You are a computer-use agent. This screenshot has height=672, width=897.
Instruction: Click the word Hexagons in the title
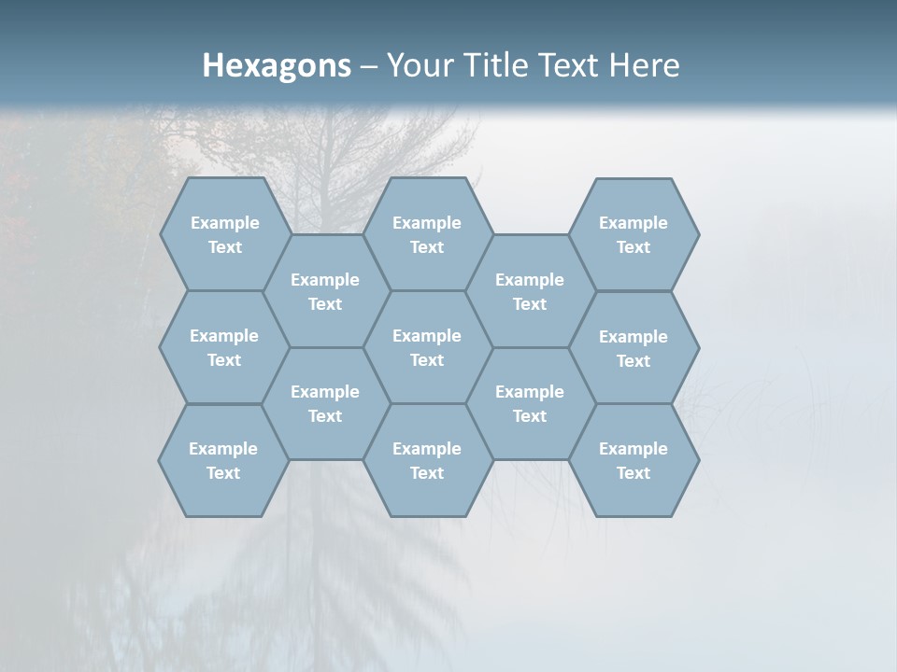(x=277, y=65)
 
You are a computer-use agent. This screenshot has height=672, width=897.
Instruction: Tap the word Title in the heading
(x=489, y=65)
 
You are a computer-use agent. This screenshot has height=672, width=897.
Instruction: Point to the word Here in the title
(x=644, y=65)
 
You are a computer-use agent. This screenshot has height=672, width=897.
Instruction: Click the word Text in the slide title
(x=566, y=65)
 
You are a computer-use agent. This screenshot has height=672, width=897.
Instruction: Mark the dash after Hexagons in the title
(x=369, y=66)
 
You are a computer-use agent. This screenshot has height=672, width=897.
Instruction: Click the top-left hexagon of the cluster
(x=225, y=234)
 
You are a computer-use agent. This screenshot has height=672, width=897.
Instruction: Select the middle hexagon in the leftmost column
(x=224, y=347)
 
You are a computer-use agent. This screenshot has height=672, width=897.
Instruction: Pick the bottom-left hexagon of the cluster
(x=223, y=460)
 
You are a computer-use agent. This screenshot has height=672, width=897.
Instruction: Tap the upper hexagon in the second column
(x=325, y=291)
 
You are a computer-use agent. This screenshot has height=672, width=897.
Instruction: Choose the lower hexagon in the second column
(x=325, y=403)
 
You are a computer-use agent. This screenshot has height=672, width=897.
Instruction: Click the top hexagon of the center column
(x=427, y=234)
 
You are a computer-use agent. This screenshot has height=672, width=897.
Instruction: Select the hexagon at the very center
(x=427, y=347)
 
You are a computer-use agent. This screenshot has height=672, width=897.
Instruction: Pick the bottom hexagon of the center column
(x=427, y=460)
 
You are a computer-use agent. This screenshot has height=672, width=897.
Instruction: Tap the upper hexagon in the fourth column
(x=530, y=291)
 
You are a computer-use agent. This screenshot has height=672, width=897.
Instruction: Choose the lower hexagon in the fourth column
(x=530, y=403)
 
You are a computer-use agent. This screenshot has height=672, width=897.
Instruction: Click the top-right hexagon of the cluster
(x=634, y=234)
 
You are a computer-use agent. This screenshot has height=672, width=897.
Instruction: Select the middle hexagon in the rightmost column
(x=634, y=348)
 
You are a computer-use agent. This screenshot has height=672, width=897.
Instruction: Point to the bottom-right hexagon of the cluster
(x=634, y=460)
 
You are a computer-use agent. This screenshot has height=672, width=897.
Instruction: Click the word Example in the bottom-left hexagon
(x=223, y=449)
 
